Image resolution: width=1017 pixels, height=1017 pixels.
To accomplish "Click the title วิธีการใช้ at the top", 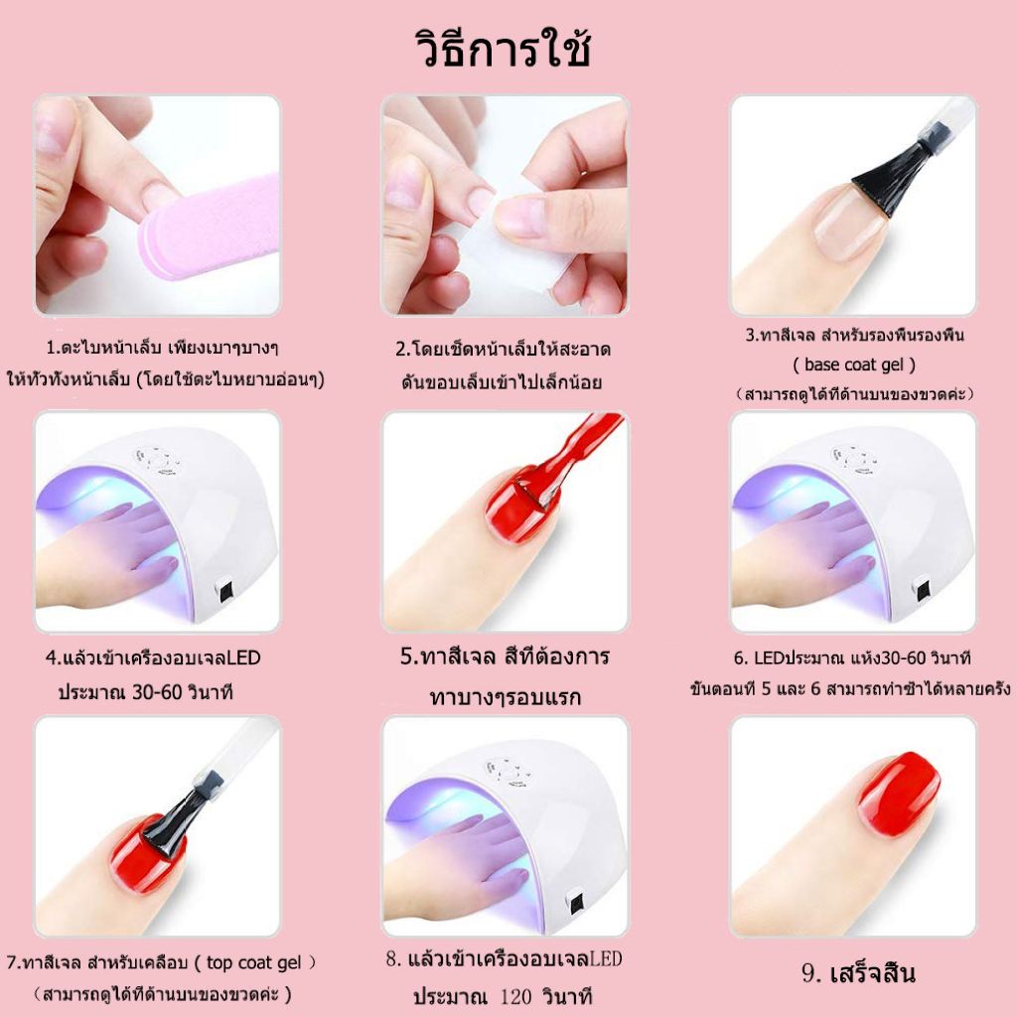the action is [x=503, y=50].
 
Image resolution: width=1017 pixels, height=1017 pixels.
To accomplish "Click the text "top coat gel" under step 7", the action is [x=253, y=962].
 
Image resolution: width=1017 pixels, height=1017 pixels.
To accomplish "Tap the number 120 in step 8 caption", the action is [x=516, y=995].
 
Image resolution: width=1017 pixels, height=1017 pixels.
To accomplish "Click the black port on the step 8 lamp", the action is [x=575, y=900].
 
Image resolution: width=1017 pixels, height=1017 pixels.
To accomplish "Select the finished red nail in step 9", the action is [x=899, y=795].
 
